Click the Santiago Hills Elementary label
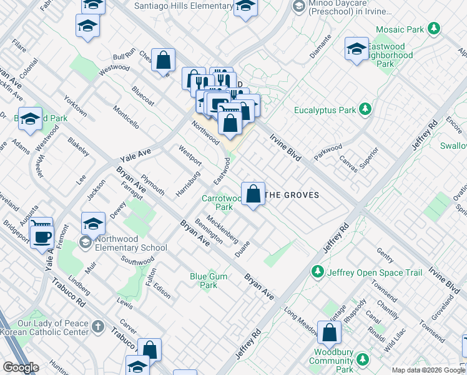coord(184,6)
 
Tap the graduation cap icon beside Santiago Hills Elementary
coord(245,7)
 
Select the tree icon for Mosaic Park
coord(433,29)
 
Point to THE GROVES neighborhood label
coord(292,195)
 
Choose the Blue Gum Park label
coord(204,281)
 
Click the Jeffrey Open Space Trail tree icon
coord(318,272)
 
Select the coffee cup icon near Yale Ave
coord(42,237)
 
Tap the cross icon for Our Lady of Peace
coord(97,327)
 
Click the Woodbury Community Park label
coord(340,366)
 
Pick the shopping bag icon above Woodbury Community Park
coord(329,334)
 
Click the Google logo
coord(21,367)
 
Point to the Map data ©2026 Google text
coord(428,370)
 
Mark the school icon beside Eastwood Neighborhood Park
coord(356,49)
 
